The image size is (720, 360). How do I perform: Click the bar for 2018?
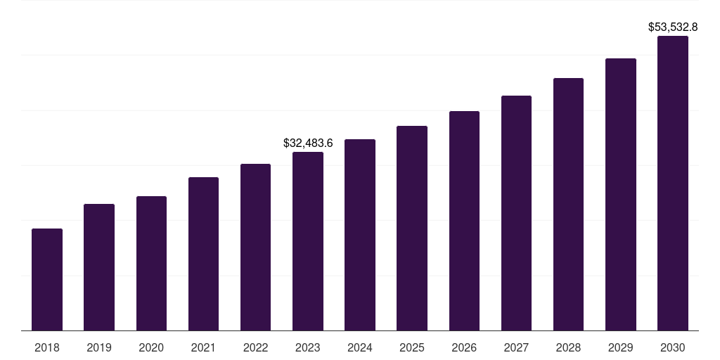pos(47,280)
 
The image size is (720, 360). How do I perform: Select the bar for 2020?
pos(151,264)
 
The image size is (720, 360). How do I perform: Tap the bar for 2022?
pos(255,247)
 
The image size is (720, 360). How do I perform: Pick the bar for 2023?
pos(308,241)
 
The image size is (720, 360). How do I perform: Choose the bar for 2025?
pos(412,229)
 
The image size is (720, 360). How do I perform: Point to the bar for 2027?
pos(516,213)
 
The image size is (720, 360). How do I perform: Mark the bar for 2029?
pos(621,195)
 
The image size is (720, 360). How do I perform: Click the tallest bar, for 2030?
pos(673,184)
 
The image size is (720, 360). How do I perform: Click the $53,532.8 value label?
pos(673,27)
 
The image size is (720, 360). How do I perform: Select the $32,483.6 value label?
pos(308,143)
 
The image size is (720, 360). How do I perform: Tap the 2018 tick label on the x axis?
pos(47,347)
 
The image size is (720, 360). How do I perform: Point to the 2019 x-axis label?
pos(99,347)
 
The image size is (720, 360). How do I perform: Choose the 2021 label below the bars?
pos(203,347)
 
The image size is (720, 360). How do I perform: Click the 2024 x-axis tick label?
pos(360,347)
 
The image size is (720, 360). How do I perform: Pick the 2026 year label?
pos(464,347)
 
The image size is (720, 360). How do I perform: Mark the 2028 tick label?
pos(568,347)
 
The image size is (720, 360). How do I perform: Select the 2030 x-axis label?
pos(673,347)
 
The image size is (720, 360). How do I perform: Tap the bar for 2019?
pos(99,267)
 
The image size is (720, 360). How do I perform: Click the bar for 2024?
pos(360,235)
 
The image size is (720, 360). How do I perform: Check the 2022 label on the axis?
pos(255,347)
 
